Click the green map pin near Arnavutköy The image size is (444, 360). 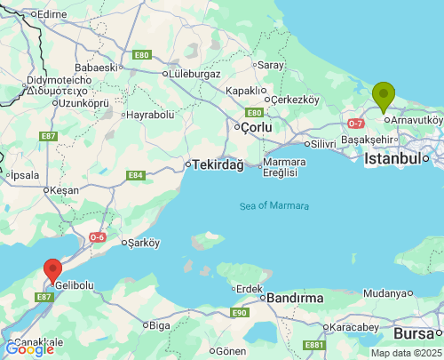point(384,95)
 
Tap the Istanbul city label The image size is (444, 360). point(392,158)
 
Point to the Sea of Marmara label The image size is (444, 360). point(274,206)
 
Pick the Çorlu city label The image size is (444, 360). point(261,127)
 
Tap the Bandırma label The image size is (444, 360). point(295,298)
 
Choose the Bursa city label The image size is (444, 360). point(413,334)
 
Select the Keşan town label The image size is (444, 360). point(64,190)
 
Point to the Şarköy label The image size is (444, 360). point(143,242)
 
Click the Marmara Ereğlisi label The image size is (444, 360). point(285,167)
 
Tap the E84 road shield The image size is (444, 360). point(135,175)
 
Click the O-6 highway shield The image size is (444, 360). point(97,237)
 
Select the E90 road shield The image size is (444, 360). point(240,313)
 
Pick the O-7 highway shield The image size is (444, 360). point(356,123)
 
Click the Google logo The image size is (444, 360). point(29,349)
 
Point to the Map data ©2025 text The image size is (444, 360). point(405,353)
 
